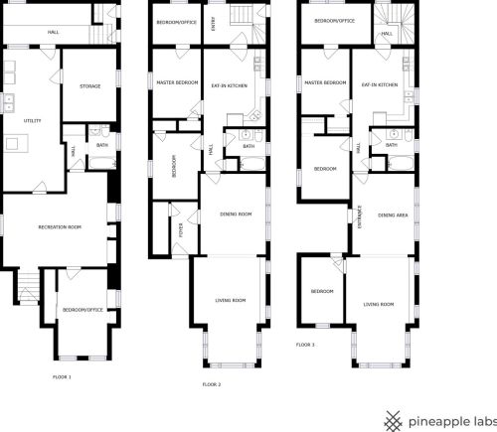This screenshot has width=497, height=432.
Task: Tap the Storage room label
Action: click(x=89, y=86)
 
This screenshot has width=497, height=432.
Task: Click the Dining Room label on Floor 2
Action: click(x=236, y=213)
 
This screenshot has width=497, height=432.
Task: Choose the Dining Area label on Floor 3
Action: click(x=394, y=215)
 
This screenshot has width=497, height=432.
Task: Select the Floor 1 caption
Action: click(x=62, y=377)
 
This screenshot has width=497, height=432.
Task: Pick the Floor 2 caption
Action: click(x=211, y=383)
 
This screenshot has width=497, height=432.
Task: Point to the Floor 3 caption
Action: click(x=305, y=345)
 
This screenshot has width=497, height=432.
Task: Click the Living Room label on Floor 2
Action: click(x=232, y=300)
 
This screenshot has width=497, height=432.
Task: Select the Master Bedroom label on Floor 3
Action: click(x=325, y=82)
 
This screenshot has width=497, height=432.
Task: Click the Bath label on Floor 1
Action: click(x=101, y=146)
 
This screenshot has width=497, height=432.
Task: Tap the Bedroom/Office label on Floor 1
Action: click(x=83, y=309)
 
